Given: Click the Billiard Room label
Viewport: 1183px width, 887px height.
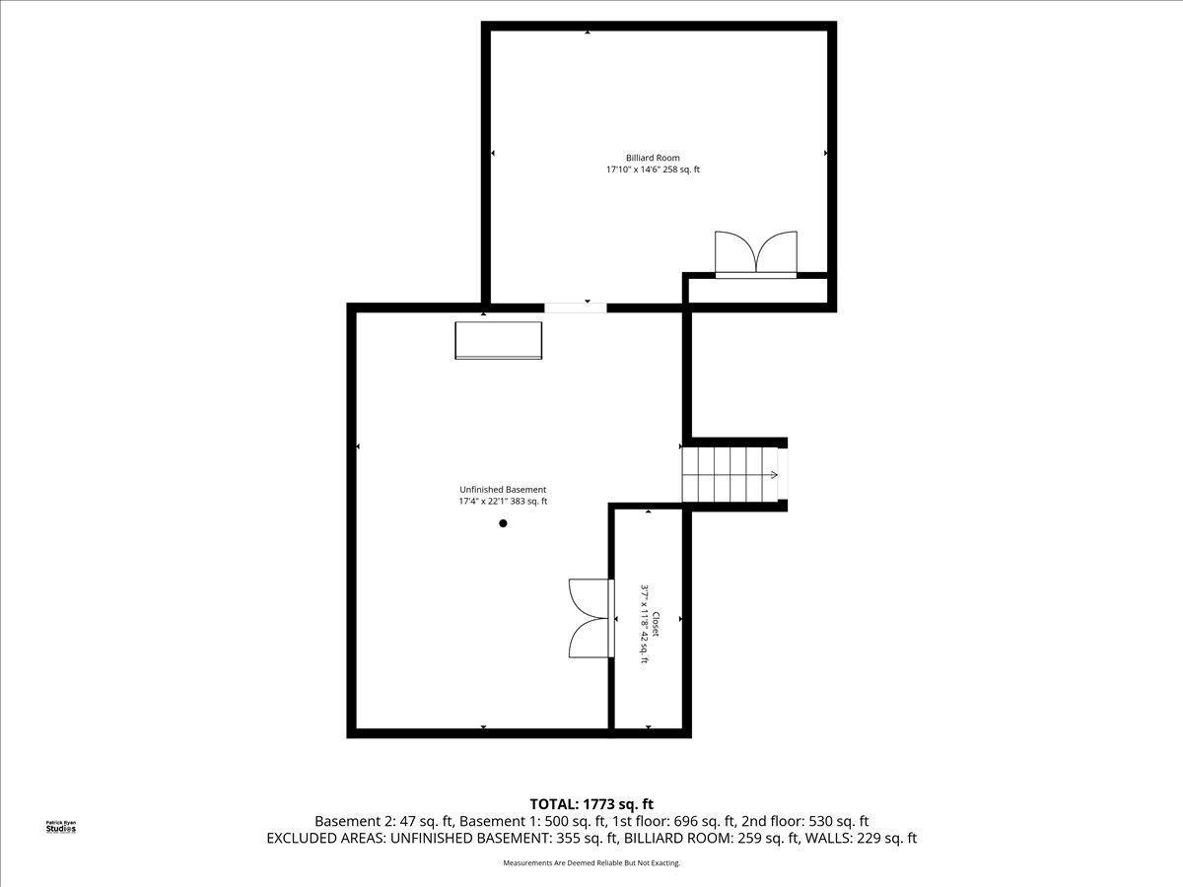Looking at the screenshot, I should click(x=653, y=158).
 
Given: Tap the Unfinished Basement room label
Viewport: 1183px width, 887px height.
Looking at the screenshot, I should click(x=503, y=490).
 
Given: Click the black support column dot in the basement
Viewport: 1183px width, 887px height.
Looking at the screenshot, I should click(x=503, y=523).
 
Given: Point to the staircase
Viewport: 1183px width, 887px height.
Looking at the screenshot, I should click(x=731, y=474).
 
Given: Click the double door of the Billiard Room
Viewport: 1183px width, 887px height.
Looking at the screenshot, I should click(x=755, y=254).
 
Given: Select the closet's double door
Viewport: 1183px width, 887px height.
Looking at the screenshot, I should click(x=590, y=618).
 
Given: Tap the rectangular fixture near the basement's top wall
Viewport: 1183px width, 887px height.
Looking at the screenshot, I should click(x=498, y=340).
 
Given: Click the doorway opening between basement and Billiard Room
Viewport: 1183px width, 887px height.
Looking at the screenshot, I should click(x=576, y=307).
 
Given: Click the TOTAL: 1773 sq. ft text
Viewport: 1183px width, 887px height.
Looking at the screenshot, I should click(x=591, y=804).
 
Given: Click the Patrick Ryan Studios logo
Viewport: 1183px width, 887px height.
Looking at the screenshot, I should click(x=61, y=827).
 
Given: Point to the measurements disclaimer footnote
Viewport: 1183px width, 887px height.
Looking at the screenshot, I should click(x=591, y=863).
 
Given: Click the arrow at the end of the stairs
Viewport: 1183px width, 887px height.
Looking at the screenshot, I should click(x=774, y=474).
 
